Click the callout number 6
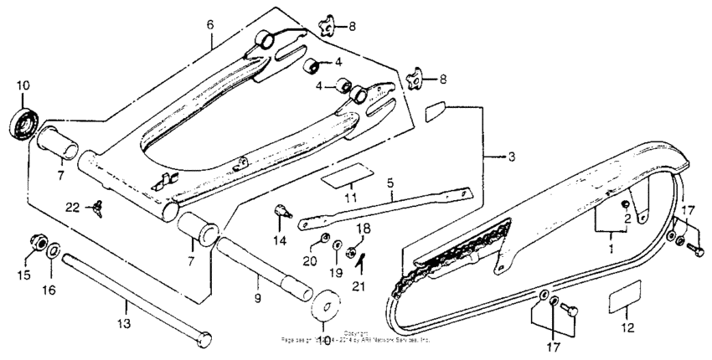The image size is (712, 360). (x=210, y=26)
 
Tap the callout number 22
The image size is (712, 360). (x=73, y=207)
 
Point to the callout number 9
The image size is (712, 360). (x=258, y=297)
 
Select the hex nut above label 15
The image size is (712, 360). (x=36, y=244)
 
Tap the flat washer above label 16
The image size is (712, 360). (x=52, y=249)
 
